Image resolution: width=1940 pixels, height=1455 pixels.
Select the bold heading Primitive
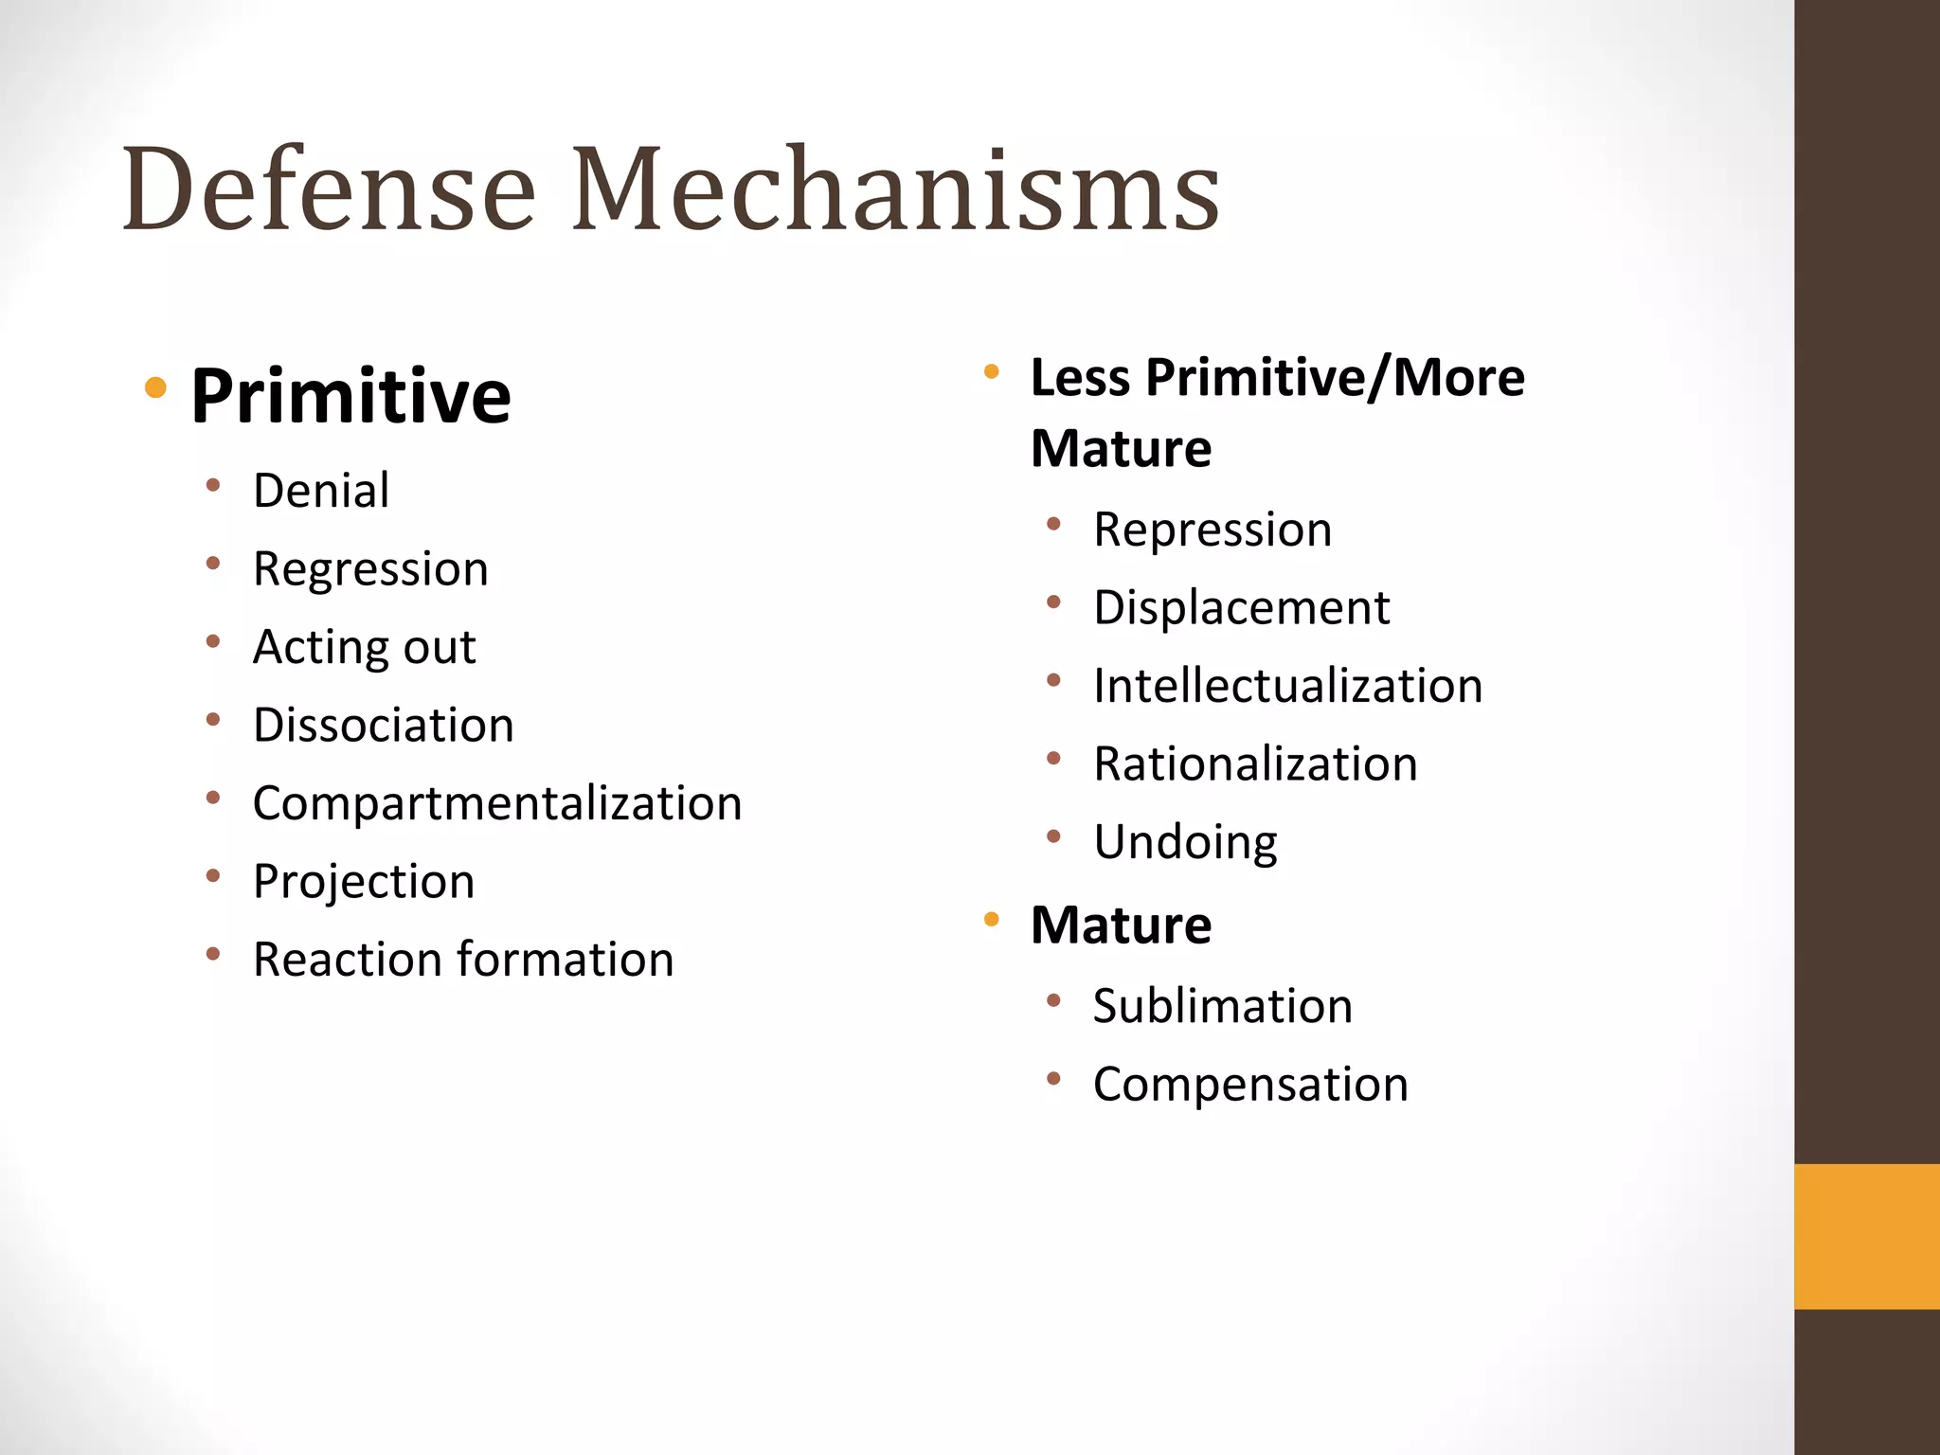(x=350, y=396)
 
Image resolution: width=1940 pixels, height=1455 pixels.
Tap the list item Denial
(x=321, y=491)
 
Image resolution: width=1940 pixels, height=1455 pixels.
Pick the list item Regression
(x=370, y=570)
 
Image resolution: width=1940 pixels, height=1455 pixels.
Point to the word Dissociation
(x=384, y=726)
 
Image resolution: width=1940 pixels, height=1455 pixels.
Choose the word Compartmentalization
(x=497, y=804)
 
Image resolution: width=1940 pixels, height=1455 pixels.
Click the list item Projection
(x=364, y=883)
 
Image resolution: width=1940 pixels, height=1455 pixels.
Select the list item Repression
(x=1212, y=530)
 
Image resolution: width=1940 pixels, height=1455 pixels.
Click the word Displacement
(x=1241, y=608)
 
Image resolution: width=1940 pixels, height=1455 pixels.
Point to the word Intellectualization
(x=1287, y=686)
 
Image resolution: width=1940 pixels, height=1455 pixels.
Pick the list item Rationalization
(x=1255, y=764)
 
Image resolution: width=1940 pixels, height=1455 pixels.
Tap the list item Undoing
(x=1185, y=843)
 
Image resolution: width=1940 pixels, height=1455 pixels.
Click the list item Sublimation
(x=1222, y=1006)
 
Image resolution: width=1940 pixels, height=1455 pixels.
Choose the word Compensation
(x=1250, y=1085)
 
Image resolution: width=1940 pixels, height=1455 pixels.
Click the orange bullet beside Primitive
(x=156, y=386)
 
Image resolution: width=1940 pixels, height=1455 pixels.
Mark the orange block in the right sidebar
(x=1866, y=1236)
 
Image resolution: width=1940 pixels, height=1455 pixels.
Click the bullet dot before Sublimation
(x=1053, y=1000)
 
